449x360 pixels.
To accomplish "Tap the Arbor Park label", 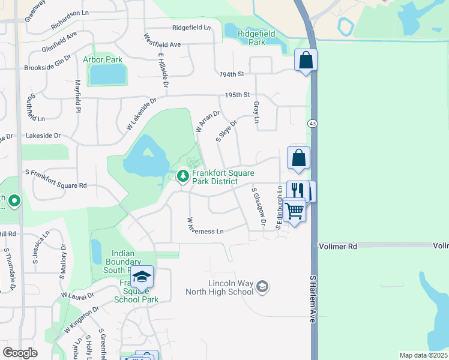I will point(103,59).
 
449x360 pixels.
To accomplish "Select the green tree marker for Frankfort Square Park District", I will point(182,176).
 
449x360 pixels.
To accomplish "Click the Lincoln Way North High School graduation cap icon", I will point(262,287).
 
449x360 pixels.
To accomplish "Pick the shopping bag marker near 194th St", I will point(306,60).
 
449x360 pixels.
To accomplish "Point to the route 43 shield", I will point(312,123).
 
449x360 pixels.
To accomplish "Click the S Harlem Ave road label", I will point(313,299).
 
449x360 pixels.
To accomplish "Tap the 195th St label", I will point(237,95).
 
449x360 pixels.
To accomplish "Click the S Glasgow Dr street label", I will point(259,207).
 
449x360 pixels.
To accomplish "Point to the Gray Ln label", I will point(256,112).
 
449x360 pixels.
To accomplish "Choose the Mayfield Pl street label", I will point(77,97).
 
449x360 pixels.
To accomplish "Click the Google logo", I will point(20,353).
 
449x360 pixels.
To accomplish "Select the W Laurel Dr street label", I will point(77,296).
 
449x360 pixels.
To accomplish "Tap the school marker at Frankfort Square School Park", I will point(142,277).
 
